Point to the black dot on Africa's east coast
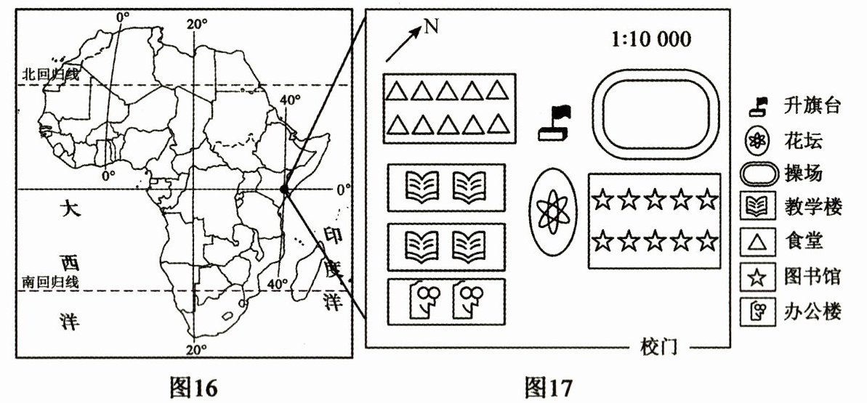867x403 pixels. click(x=284, y=190)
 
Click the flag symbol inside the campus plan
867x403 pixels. click(x=556, y=122)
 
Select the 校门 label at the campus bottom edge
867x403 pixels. click(x=660, y=346)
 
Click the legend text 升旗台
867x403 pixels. click(x=812, y=106)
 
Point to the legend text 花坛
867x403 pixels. click(x=802, y=139)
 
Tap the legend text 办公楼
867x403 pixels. click(x=812, y=311)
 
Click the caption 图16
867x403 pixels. click(x=193, y=387)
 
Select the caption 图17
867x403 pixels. click(x=549, y=387)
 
